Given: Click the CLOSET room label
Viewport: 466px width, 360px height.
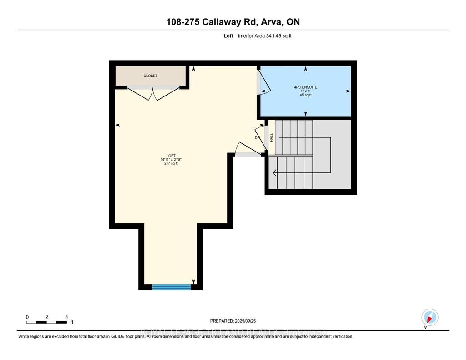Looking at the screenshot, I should pyautogui.click(x=150, y=76).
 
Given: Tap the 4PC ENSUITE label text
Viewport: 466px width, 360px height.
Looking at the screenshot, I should pyautogui.click(x=306, y=87).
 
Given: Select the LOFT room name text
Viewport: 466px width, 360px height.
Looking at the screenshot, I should pyautogui.click(x=171, y=156).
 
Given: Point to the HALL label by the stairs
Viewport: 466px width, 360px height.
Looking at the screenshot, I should pyautogui.click(x=272, y=137).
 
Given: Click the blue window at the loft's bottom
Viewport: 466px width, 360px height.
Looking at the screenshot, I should pyautogui.click(x=171, y=287).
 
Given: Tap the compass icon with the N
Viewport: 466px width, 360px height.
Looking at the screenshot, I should pyautogui.click(x=430, y=317).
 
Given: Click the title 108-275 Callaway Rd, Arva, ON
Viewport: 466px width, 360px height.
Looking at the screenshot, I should pyautogui.click(x=233, y=22).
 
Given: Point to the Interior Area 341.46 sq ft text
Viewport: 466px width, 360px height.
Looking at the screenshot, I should pyautogui.click(x=264, y=36).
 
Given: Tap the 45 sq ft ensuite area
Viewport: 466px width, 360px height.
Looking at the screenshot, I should pyautogui.click(x=306, y=95).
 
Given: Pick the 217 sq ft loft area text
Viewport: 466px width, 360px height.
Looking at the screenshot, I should pyautogui.click(x=171, y=164).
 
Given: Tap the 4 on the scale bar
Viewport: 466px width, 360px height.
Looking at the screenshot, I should pyautogui.click(x=66, y=317).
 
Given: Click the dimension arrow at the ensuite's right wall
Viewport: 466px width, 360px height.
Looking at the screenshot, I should pyautogui.click(x=348, y=91).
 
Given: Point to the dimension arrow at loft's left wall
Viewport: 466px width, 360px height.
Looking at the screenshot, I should pyautogui.click(x=118, y=125).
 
